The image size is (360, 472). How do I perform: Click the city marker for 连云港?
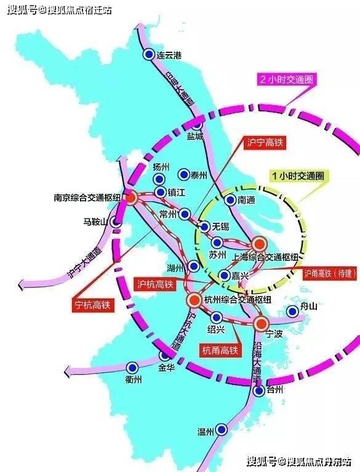148,55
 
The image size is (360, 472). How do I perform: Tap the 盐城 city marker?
198,125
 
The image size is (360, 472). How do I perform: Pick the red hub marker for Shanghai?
259,244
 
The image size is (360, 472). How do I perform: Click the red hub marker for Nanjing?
131,198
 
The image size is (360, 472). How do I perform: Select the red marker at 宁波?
261,322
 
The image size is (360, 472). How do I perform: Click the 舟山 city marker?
292,312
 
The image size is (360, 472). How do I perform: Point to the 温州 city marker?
222,430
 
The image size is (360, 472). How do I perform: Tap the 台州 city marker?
259,390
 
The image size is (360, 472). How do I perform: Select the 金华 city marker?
164,356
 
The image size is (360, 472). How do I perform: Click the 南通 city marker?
230,199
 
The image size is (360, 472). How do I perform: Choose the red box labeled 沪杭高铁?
154,284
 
